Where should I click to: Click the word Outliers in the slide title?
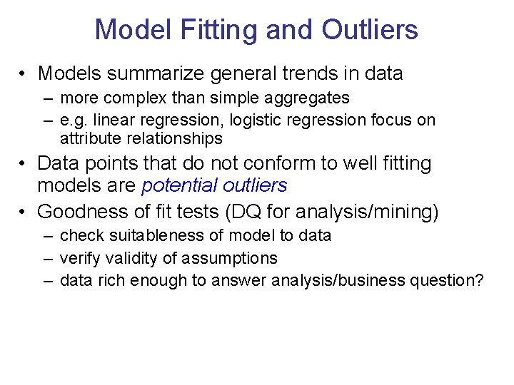coord(370,30)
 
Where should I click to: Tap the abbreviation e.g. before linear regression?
coord(74,120)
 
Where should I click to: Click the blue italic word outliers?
coord(254,186)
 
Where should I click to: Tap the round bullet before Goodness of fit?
coord(25,212)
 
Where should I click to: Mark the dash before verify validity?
coord(47,258)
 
